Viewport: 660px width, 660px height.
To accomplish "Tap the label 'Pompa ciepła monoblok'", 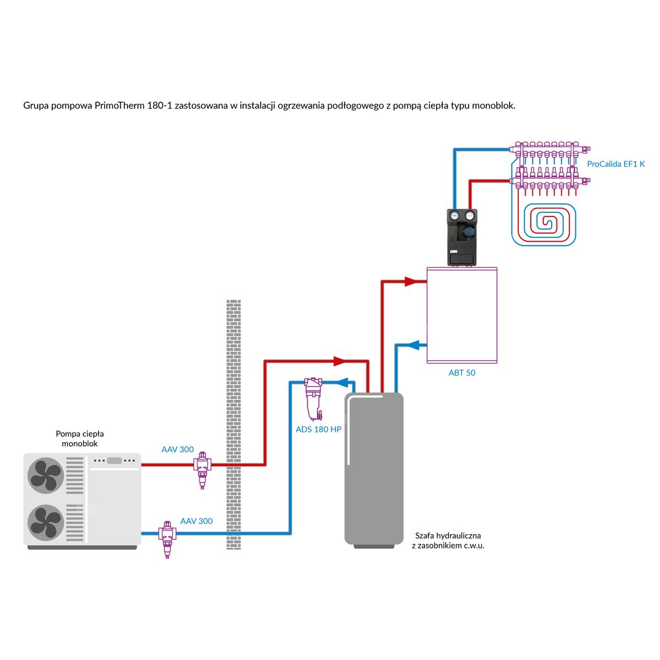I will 80,439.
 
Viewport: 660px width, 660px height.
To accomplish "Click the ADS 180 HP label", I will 319,429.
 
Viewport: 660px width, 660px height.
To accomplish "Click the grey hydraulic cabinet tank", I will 374,469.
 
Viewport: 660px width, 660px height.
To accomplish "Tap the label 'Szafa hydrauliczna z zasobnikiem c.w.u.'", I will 448,541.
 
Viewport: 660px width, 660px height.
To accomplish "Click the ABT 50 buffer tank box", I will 461,315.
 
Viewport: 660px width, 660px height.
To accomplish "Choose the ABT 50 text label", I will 462,373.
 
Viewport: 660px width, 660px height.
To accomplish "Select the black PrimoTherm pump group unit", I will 461,237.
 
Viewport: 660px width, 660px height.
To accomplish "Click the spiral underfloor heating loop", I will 544,222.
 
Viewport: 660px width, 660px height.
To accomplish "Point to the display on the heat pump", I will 114,461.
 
